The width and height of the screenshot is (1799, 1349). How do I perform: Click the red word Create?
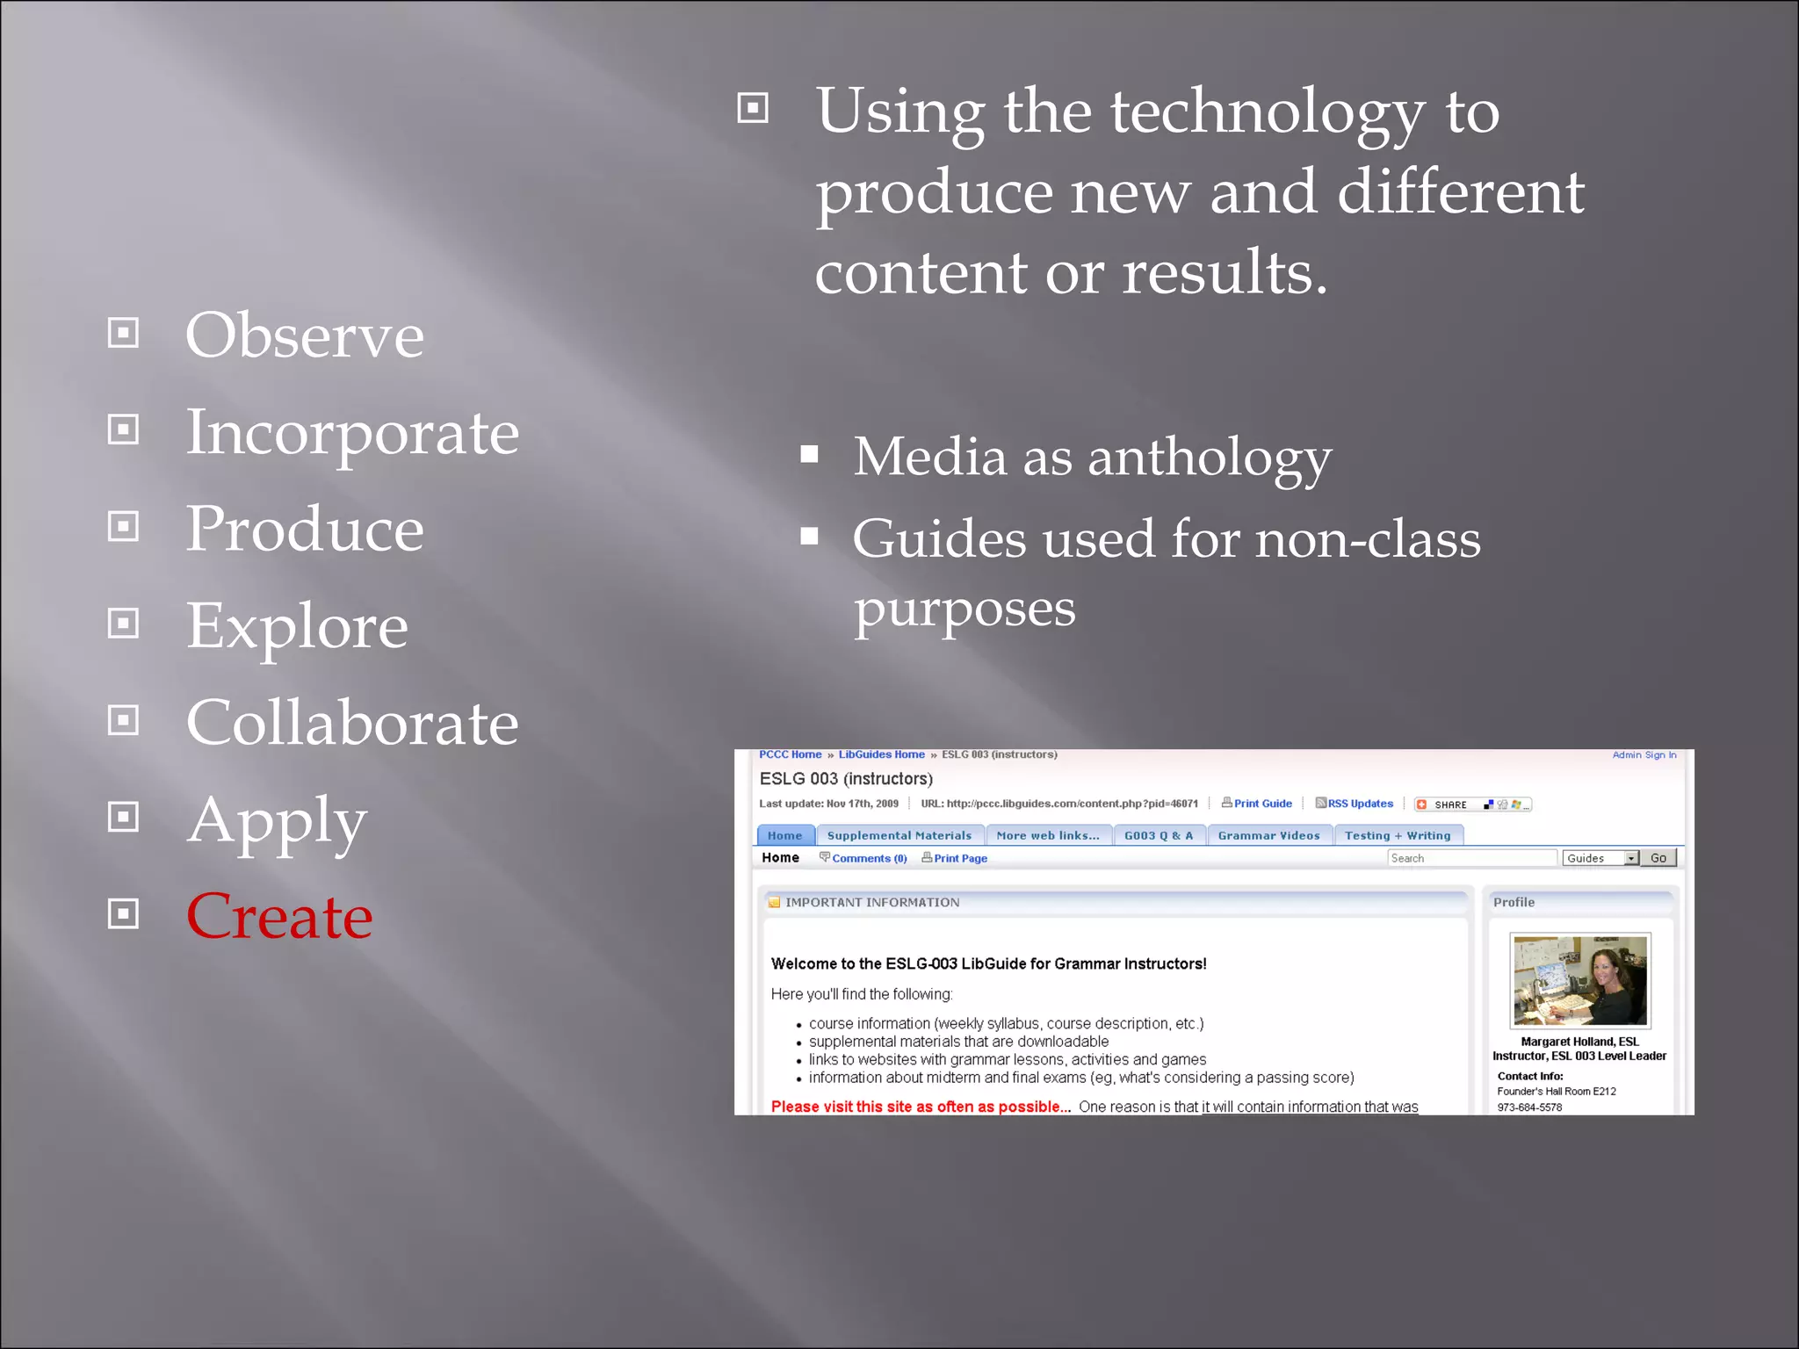point(279,916)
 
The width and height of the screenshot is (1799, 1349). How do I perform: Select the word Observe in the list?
point(304,335)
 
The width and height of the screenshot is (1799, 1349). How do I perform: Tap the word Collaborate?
point(352,723)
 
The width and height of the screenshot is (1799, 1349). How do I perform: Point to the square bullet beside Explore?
point(123,624)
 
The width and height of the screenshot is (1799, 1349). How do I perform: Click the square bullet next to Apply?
point(123,817)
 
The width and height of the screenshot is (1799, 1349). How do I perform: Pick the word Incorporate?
point(352,432)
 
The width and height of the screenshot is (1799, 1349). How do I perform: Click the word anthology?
point(1209,458)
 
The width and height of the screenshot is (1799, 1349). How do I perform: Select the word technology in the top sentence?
point(1267,112)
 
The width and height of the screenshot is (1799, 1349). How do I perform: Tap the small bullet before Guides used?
point(809,536)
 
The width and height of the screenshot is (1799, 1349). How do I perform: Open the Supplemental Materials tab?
point(899,835)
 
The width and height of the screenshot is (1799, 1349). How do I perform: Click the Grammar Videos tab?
point(1268,835)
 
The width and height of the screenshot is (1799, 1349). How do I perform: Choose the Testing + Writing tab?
point(1397,835)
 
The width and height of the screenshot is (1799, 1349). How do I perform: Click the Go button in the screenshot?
point(1658,858)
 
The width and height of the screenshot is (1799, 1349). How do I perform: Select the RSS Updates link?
point(1359,804)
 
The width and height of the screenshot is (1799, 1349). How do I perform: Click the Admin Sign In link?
point(1644,755)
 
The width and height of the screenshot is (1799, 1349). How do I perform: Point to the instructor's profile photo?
point(1579,980)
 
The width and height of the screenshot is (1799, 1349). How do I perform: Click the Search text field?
point(1471,858)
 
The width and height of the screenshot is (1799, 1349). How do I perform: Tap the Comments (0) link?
point(868,858)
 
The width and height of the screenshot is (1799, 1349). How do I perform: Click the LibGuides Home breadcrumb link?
point(881,754)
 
